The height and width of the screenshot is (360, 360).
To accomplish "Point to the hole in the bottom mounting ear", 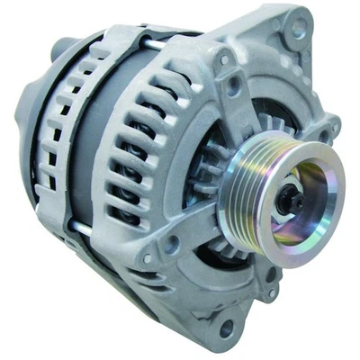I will [225, 327].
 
